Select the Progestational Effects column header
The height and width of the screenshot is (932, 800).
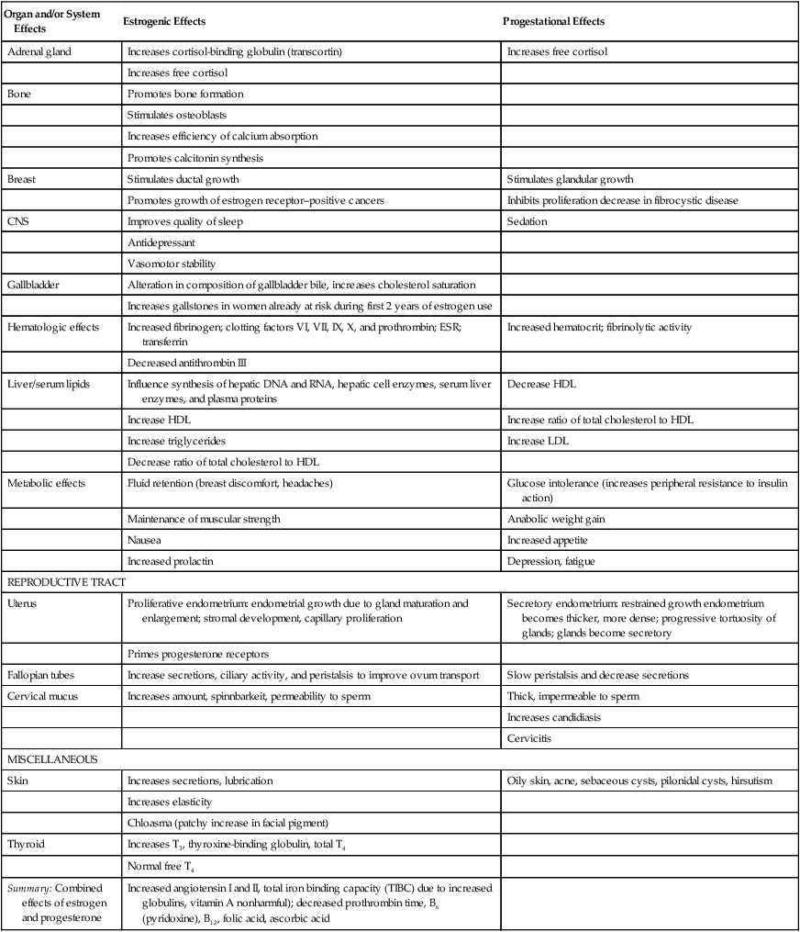click(x=555, y=20)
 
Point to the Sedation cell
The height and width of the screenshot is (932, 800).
click(x=527, y=220)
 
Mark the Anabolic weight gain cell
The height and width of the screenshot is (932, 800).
click(x=555, y=519)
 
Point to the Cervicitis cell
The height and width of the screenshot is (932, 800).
click(x=529, y=736)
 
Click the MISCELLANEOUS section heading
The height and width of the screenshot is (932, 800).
click(x=52, y=758)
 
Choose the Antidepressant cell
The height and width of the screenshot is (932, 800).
click(x=161, y=241)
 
